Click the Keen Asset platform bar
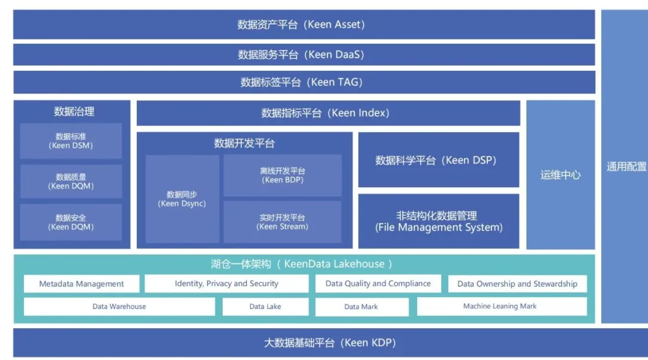tap(304, 25)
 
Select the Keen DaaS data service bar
tap(304, 55)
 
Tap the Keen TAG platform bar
tap(304, 82)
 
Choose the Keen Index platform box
tap(328, 113)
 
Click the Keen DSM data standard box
tap(71, 141)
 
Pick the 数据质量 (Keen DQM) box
tap(71, 181)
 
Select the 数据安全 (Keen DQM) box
tap(71, 222)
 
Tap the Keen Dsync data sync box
tap(182, 199)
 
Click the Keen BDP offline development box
tap(283, 175)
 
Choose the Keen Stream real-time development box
tap(283, 222)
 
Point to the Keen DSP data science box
tap(439, 160)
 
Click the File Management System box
tap(439, 221)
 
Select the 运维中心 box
tap(560, 175)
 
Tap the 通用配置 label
tap(626, 167)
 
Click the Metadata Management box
tap(82, 284)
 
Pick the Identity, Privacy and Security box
tap(227, 284)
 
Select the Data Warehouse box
tap(119, 307)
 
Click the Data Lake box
tap(265, 307)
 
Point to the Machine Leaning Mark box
tap(502, 306)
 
